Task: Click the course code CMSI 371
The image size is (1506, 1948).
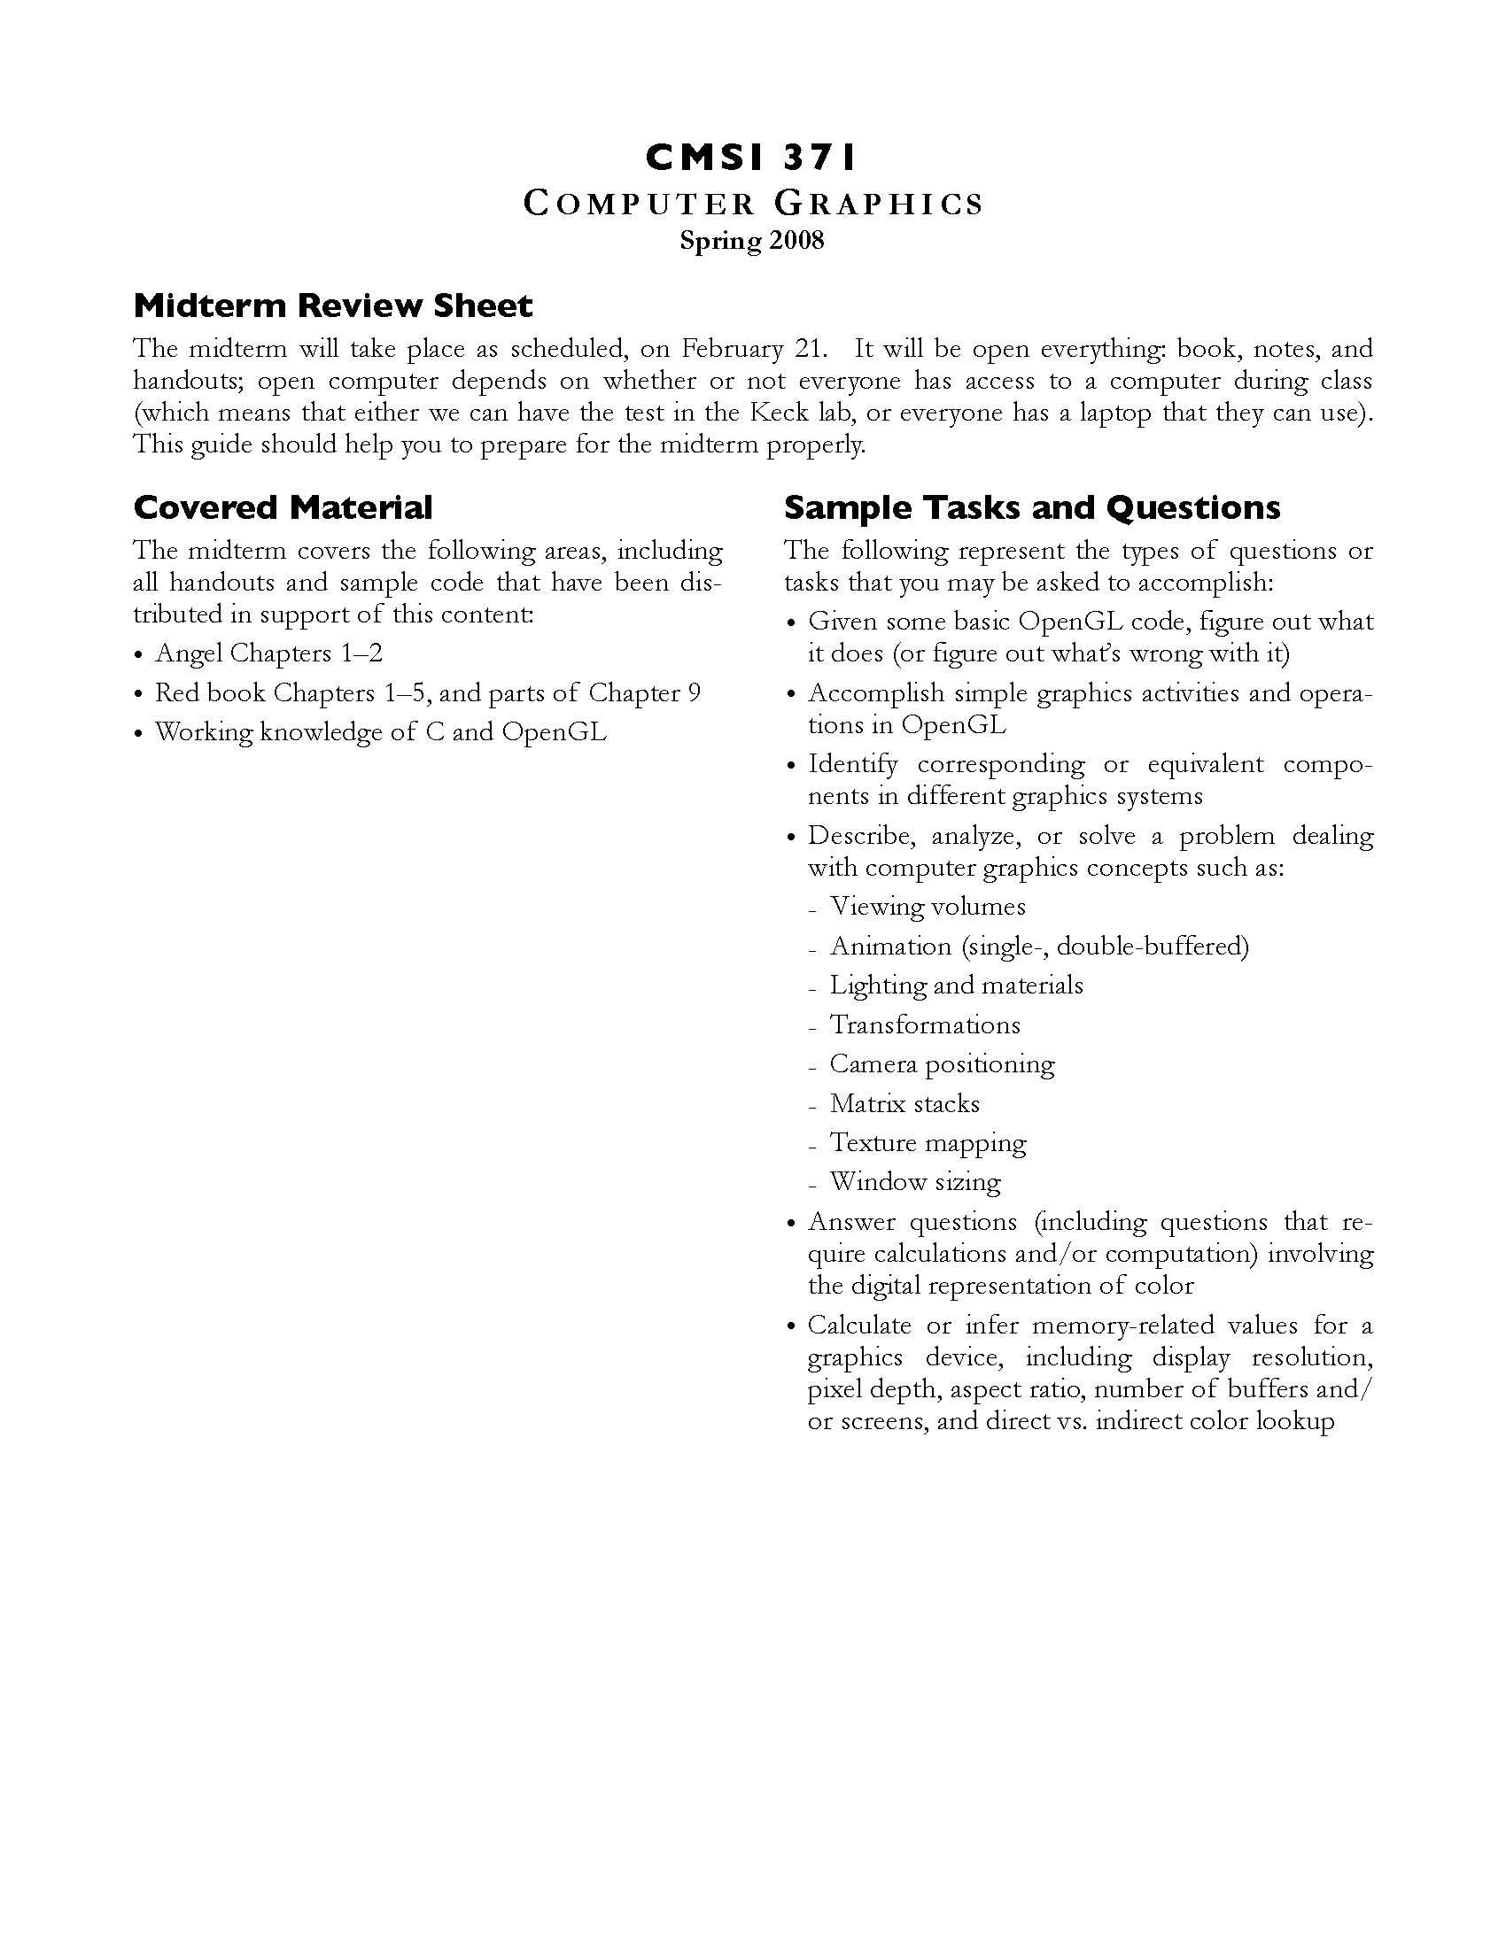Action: click(x=751, y=158)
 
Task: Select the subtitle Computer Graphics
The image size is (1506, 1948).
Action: click(x=752, y=205)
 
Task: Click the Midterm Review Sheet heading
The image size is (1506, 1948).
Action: click(x=333, y=306)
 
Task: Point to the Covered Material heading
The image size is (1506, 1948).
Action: click(x=283, y=507)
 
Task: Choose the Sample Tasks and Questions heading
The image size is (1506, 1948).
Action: click(x=1031, y=507)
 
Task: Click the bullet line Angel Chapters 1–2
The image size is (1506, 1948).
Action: click(x=268, y=653)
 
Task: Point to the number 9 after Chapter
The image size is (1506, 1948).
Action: click(x=695, y=693)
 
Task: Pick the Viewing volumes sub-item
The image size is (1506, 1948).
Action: click(x=927, y=907)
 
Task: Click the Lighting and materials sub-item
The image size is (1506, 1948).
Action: click(x=956, y=986)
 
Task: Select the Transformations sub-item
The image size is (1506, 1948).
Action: click(x=924, y=1024)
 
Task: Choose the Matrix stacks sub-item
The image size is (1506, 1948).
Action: click(x=904, y=1104)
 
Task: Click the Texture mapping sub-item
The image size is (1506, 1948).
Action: click(x=927, y=1143)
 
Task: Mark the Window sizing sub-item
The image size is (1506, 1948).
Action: click(x=914, y=1183)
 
